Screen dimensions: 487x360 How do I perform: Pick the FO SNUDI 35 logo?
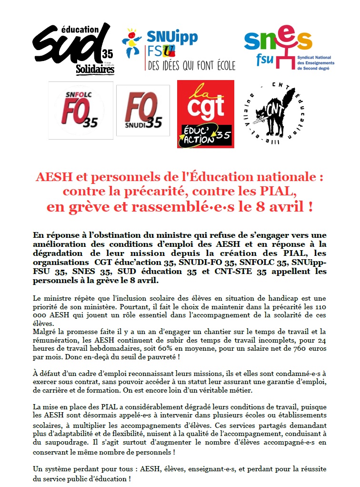point(143,111)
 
